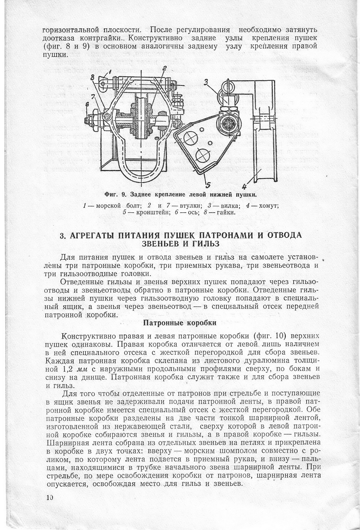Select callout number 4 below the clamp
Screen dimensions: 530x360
pyautogui.click(x=245, y=184)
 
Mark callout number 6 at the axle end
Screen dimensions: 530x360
pyautogui.click(x=87, y=105)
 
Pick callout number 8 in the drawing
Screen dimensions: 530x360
pyautogui.click(x=92, y=77)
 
